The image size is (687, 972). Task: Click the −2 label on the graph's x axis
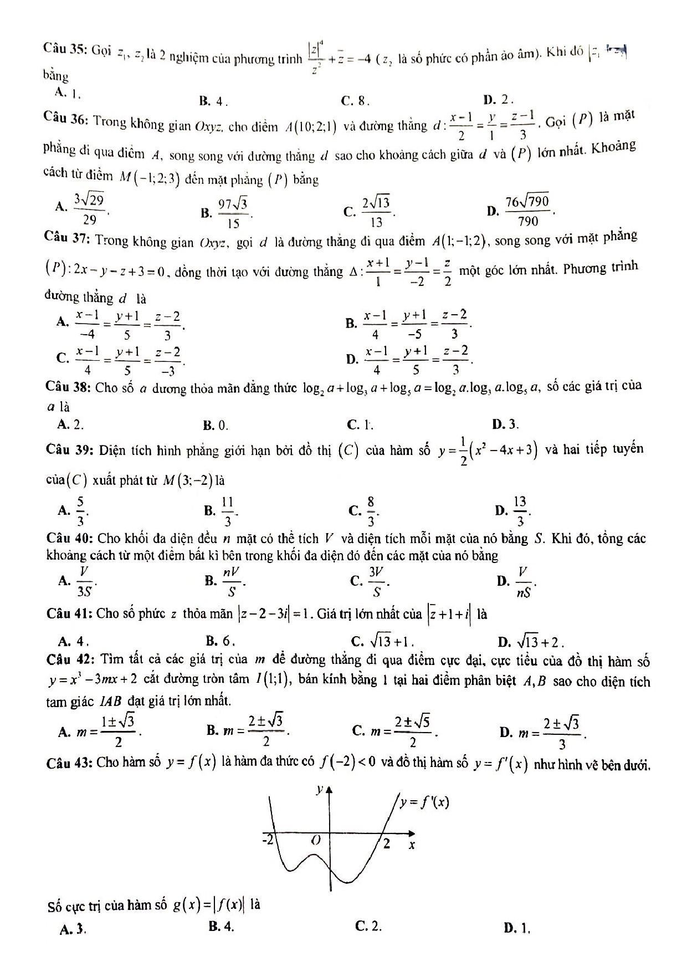point(268,840)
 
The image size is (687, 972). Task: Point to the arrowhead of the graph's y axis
point(330,789)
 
